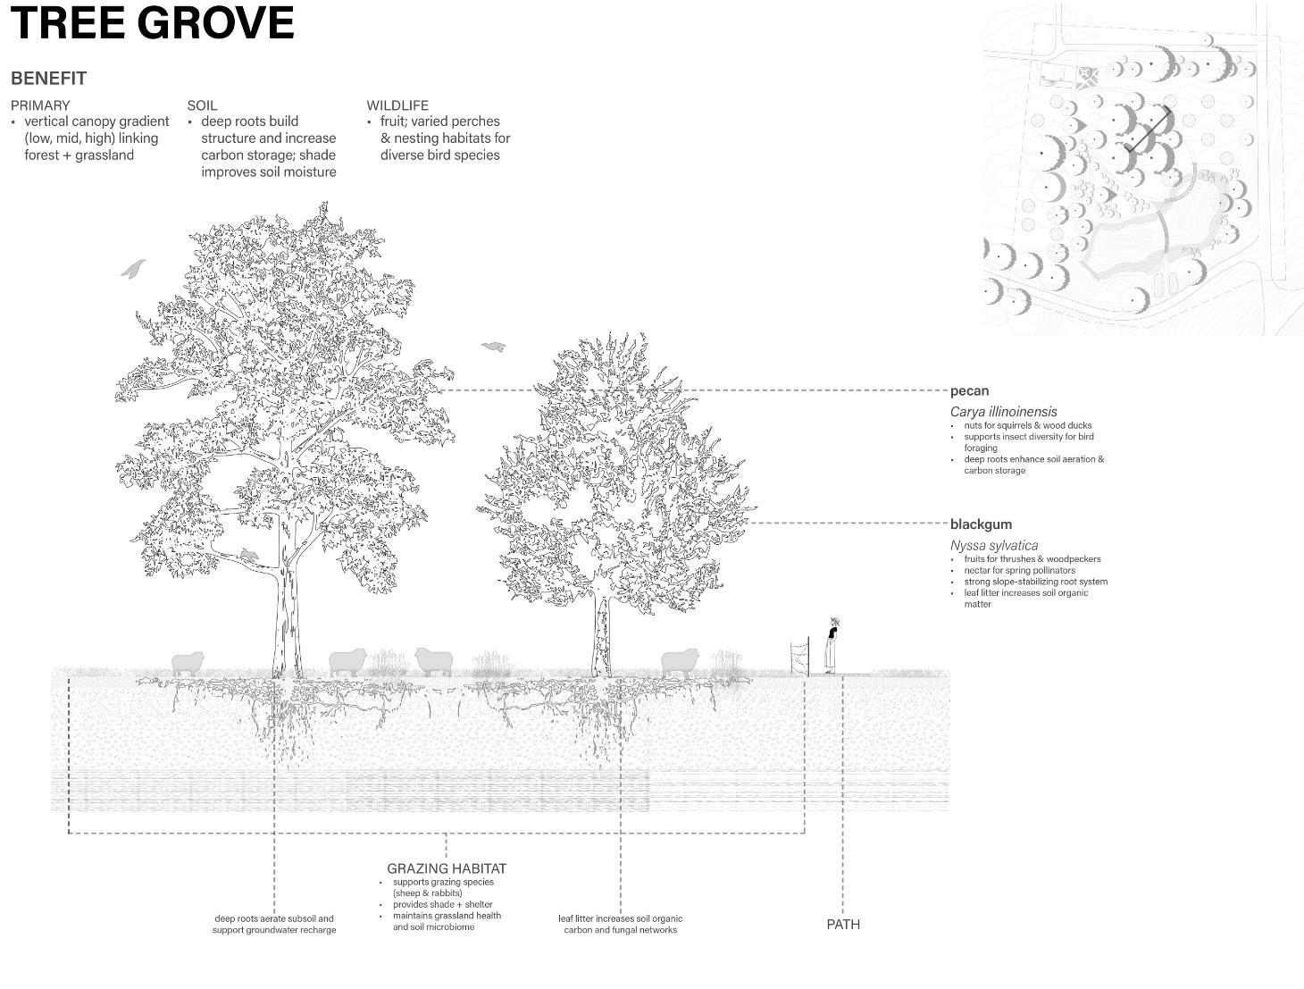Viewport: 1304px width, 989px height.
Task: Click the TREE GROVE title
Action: click(x=152, y=23)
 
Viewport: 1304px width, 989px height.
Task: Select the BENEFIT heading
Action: click(x=48, y=79)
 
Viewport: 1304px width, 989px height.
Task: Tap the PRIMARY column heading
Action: click(x=40, y=105)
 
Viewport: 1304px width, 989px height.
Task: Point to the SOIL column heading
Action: click(x=202, y=105)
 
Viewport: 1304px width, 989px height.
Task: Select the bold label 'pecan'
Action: click(x=969, y=390)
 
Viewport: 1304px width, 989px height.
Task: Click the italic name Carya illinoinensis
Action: click(x=1003, y=412)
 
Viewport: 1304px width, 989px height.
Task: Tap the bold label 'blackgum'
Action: click(x=981, y=524)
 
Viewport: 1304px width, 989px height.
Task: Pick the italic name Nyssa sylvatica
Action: click(x=993, y=545)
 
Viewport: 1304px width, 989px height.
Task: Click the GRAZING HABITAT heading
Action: click(x=447, y=868)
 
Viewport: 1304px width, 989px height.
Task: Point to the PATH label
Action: click(x=843, y=925)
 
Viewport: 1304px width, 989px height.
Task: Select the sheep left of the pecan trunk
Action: click(x=188, y=663)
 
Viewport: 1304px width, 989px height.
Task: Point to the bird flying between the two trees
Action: click(x=494, y=347)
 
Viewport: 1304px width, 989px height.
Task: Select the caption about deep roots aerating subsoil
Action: click(x=274, y=924)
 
